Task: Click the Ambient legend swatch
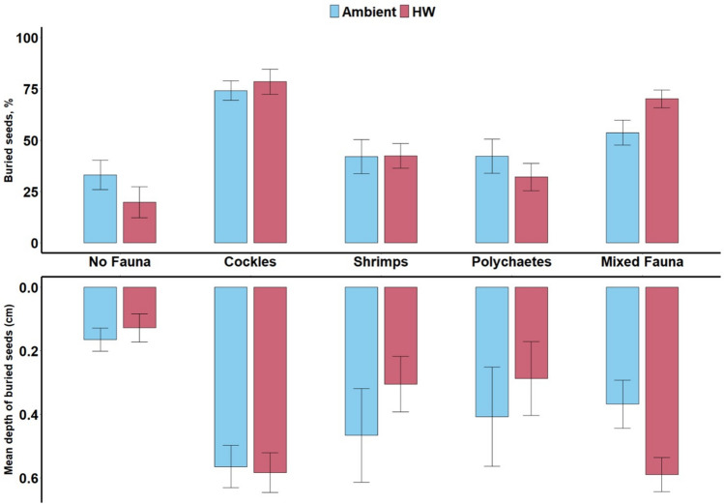point(334,12)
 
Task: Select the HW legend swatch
point(404,12)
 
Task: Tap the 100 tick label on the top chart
point(26,38)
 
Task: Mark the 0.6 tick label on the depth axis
point(28,478)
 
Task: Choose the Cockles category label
point(250,262)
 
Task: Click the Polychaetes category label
point(511,262)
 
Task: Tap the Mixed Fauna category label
point(642,262)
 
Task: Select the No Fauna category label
point(120,262)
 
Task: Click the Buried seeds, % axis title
point(9,140)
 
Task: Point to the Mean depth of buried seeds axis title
point(9,389)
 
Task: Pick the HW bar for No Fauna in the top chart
point(139,222)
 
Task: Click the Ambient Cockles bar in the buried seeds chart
point(230,166)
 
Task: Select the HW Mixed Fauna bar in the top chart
point(662,170)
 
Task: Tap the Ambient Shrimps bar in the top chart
point(362,199)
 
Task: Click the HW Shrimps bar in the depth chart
point(401,336)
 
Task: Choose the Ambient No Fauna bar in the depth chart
point(100,313)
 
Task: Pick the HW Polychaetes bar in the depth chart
point(532,333)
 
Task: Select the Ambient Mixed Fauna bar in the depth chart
point(623,345)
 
